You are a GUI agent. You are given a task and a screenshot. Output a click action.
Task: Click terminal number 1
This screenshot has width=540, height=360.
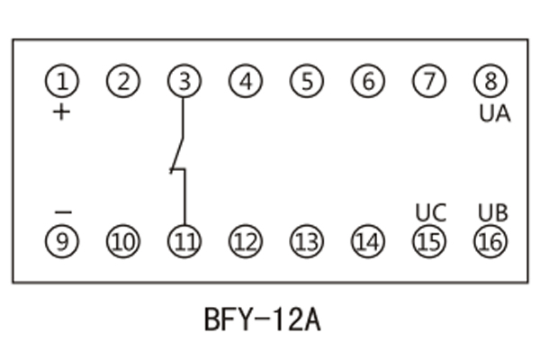pyautogui.click(x=62, y=82)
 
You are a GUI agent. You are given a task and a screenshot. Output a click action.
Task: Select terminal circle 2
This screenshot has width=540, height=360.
pyautogui.click(x=123, y=82)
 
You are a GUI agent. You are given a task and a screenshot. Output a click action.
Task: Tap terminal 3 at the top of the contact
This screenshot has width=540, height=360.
pyautogui.click(x=184, y=82)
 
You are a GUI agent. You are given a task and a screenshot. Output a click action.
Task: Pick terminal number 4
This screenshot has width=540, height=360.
pyautogui.click(x=245, y=82)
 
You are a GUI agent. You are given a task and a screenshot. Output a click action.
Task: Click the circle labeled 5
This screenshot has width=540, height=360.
pyautogui.click(x=306, y=82)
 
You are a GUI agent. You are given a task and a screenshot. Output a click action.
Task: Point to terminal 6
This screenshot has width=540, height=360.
pyautogui.click(x=367, y=82)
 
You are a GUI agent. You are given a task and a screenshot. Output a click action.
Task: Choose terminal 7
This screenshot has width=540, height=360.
pyautogui.click(x=429, y=82)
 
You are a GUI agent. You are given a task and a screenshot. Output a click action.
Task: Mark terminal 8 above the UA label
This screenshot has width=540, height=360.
pyautogui.click(x=490, y=82)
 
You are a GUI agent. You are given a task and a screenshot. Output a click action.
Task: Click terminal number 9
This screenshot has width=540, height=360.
pyautogui.click(x=62, y=241)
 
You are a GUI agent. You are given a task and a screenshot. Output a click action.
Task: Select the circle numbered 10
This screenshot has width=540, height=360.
pyautogui.click(x=123, y=241)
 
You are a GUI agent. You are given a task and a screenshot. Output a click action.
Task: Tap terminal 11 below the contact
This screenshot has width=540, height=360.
pyautogui.click(x=184, y=241)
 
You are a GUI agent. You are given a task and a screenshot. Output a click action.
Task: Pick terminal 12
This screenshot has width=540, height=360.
pyautogui.click(x=245, y=241)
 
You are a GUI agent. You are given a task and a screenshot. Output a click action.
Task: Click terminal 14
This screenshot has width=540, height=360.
pyautogui.click(x=367, y=241)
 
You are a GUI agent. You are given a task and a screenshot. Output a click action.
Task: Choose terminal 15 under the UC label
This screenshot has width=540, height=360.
pyautogui.click(x=429, y=241)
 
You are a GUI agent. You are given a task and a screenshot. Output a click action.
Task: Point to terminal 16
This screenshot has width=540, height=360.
pyautogui.click(x=490, y=241)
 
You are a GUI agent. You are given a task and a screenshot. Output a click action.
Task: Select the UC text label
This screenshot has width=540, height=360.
pyautogui.click(x=431, y=213)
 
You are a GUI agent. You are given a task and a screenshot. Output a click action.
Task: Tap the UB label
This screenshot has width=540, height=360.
pyautogui.click(x=492, y=213)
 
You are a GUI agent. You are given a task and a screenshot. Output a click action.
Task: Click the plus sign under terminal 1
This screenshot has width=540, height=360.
pyautogui.click(x=61, y=112)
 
